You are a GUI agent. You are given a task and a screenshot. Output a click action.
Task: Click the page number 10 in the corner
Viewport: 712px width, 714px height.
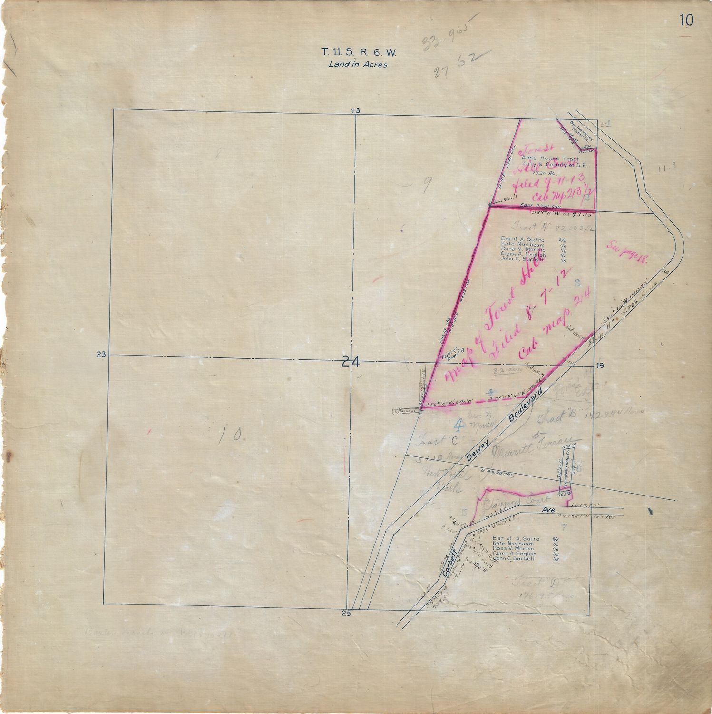686,20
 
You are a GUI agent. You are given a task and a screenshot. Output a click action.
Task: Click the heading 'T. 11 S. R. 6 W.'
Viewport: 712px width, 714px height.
357,52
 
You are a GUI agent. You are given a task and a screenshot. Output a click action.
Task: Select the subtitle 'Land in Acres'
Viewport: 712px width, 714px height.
357,64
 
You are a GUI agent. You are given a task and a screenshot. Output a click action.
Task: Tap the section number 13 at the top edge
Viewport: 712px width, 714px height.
355,111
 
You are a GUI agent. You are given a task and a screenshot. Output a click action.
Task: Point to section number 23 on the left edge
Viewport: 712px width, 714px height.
100,354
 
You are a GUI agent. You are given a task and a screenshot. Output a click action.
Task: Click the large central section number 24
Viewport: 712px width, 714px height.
351,362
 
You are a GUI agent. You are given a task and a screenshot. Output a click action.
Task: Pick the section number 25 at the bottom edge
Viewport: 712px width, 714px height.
346,613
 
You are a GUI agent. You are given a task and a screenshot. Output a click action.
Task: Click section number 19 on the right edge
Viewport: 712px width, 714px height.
599,366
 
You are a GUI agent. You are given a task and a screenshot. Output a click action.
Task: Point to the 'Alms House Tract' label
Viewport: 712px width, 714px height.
550,158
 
